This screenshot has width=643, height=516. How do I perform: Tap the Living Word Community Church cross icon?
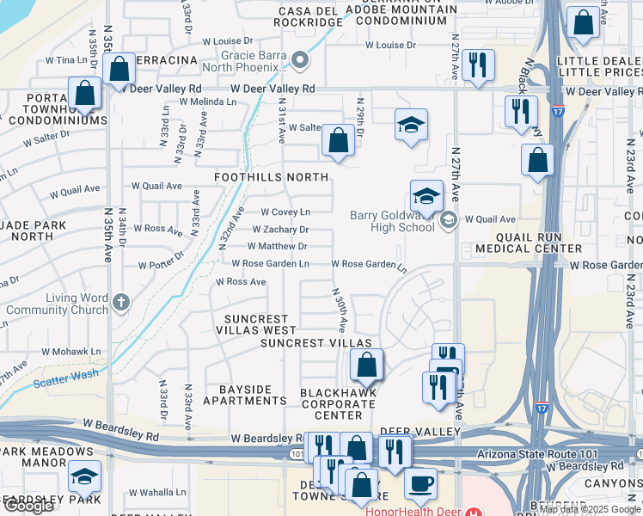click(x=121, y=302)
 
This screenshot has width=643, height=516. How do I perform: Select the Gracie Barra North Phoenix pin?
click(x=300, y=60)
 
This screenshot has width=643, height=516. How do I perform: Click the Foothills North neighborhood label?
click(x=271, y=177)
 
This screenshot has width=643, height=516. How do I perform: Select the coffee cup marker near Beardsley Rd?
click(x=420, y=482)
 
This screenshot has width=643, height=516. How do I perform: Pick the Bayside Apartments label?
click(x=245, y=395)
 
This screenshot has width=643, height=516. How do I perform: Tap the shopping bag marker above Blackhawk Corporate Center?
click(x=367, y=365)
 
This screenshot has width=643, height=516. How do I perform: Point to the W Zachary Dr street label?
click(x=280, y=230)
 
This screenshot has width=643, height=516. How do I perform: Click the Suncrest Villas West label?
click(x=254, y=323)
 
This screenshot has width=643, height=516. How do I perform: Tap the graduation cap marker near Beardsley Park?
click(x=84, y=476)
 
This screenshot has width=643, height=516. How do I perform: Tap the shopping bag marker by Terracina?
click(x=119, y=67)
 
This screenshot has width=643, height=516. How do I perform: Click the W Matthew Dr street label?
click(x=278, y=247)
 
